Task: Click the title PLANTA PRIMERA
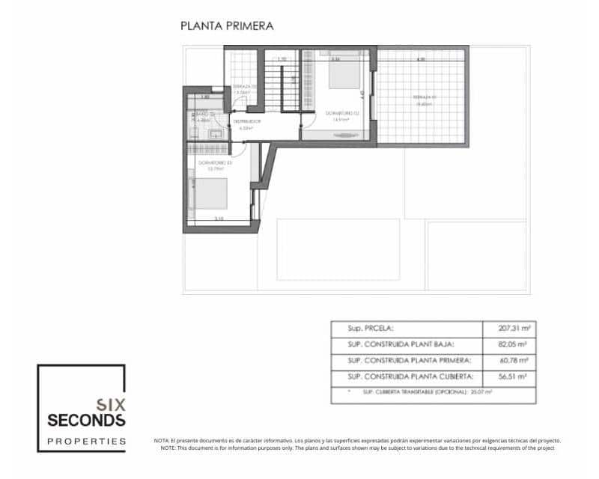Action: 227,25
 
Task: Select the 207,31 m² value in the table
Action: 514,329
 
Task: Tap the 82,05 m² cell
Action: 514,345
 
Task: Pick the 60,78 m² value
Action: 514,361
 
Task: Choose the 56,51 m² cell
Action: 514,377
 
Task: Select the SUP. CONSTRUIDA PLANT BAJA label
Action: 401,345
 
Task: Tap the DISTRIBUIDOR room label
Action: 246,120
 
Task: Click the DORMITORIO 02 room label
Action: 342,113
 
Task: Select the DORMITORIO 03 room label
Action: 214,162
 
